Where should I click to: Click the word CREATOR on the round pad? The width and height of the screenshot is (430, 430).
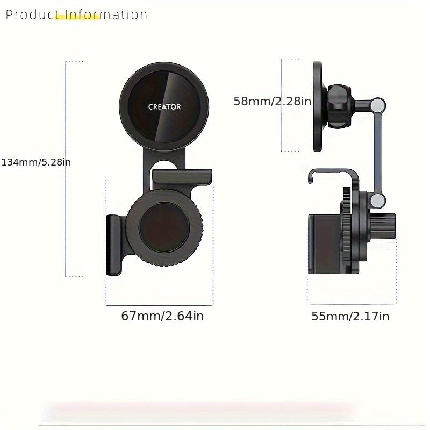click(164, 107)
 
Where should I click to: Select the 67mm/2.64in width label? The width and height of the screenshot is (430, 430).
click(162, 316)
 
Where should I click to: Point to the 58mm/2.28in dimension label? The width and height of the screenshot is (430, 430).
click(272, 101)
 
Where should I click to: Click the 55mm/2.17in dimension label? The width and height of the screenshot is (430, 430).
click(350, 316)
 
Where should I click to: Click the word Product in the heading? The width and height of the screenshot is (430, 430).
click(29, 15)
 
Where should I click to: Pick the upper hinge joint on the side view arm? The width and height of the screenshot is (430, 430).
click(378, 104)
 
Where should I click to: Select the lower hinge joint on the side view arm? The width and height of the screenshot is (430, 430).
click(378, 201)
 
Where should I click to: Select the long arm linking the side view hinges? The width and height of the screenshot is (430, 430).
click(378, 153)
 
